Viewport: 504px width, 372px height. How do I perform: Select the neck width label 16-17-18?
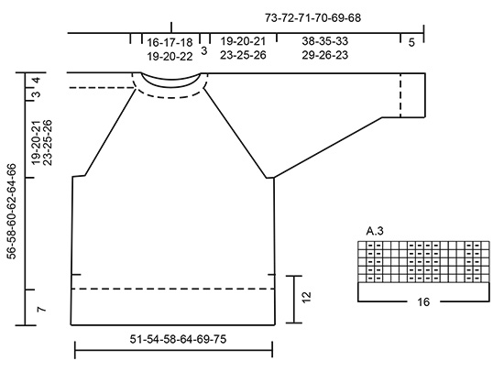pyautogui.click(x=170, y=42)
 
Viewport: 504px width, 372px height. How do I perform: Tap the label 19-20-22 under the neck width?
pyautogui.click(x=170, y=55)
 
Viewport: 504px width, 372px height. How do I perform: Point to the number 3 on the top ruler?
pyautogui.click(x=203, y=50)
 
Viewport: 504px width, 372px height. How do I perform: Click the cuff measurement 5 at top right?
pyautogui.click(x=411, y=42)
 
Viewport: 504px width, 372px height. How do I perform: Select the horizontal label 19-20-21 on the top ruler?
pyautogui.click(x=243, y=42)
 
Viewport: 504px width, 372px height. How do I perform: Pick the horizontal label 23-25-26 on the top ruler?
pyautogui.click(x=243, y=55)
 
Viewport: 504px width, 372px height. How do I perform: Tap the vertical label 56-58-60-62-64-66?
pyautogui.click(x=12, y=212)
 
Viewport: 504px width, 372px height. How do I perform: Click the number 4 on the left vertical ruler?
pyautogui.click(x=36, y=81)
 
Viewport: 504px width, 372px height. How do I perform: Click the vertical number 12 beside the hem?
pyautogui.click(x=307, y=298)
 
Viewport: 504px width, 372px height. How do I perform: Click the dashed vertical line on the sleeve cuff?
pyautogui.click(x=400, y=94)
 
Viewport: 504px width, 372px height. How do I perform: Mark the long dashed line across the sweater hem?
pyautogui.click(x=172, y=289)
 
